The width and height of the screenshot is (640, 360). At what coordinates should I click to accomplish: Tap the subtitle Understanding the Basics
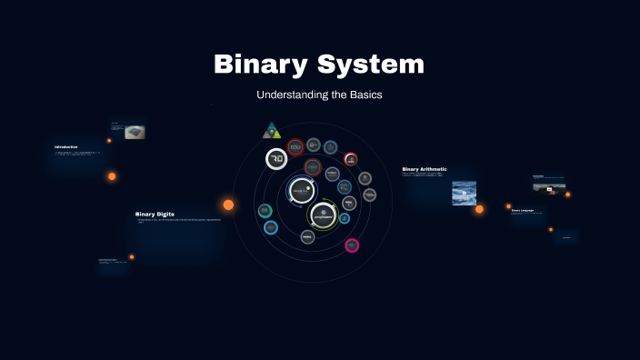tap(319, 95)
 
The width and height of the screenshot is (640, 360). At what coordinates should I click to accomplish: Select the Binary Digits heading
tap(155, 214)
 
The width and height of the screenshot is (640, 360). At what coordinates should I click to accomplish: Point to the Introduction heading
tap(66, 146)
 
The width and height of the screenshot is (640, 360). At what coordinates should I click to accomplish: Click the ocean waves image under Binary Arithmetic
tap(465, 193)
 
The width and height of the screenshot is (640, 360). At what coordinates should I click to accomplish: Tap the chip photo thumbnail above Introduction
tap(135, 132)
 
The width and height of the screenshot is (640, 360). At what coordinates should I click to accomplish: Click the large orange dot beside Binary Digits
tap(228, 205)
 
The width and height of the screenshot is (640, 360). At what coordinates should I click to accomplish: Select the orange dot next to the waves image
tap(480, 209)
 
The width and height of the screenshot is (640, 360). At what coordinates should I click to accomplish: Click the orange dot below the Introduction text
tap(112, 176)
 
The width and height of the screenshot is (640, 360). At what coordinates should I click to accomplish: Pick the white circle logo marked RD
tap(276, 159)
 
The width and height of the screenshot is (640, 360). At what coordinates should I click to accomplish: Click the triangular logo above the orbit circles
tap(272, 131)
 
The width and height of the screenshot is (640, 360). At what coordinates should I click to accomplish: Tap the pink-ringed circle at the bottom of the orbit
tap(352, 245)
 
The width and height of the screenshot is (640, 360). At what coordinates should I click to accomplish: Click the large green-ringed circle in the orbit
tap(323, 215)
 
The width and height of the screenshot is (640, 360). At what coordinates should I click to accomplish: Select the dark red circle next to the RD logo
tap(295, 146)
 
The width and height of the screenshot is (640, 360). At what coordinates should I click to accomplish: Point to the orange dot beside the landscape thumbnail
tap(568, 194)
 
